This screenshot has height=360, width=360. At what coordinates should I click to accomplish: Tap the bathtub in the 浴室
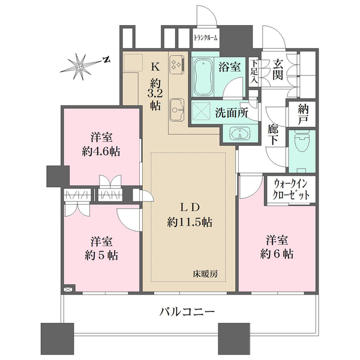(x=205, y=76)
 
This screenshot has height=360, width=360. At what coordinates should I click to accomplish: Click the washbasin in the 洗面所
(x=240, y=134)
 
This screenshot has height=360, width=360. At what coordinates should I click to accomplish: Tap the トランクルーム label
(x=206, y=37)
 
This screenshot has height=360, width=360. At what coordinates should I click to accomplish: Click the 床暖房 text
(x=205, y=274)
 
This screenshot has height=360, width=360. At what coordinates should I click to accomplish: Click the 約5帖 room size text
(x=100, y=254)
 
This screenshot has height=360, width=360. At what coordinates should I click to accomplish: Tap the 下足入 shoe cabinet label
(x=255, y=71)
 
